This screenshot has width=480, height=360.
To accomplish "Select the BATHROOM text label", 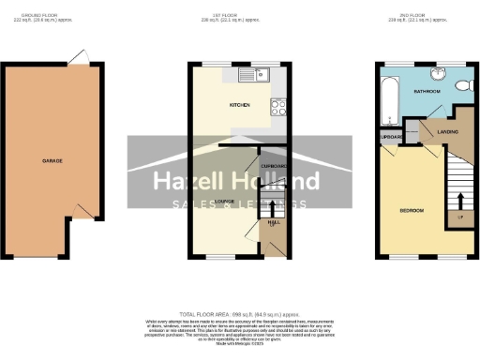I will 431,92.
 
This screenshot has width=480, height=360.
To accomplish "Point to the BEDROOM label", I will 411,210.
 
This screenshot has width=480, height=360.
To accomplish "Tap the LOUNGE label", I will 223,201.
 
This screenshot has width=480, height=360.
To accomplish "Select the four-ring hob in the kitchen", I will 278,106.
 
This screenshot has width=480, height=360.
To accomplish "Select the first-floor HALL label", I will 273,222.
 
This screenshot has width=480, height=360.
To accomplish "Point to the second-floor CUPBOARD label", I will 391,138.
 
